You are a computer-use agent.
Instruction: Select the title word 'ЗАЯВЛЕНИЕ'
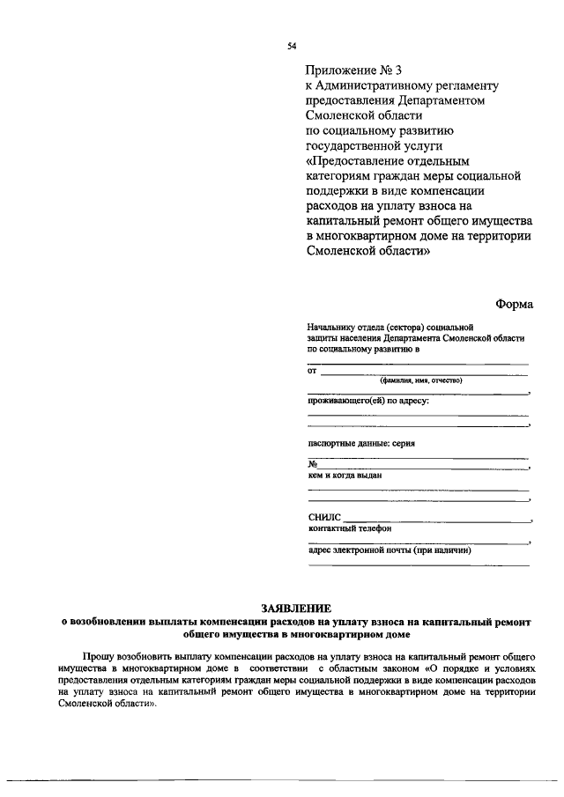(295, 609)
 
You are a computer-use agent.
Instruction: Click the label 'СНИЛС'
(323, 518)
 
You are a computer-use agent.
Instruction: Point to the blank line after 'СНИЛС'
(436, 521)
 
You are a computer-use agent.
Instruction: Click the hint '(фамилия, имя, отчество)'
(420, 380)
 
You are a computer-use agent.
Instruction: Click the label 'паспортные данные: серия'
(360, 443)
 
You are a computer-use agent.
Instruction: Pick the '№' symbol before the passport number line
(312, 464)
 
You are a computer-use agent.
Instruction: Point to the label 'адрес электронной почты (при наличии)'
(390, 550)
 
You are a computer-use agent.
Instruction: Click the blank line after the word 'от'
(423, 373)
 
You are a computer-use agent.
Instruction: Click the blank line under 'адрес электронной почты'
(418, 565)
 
